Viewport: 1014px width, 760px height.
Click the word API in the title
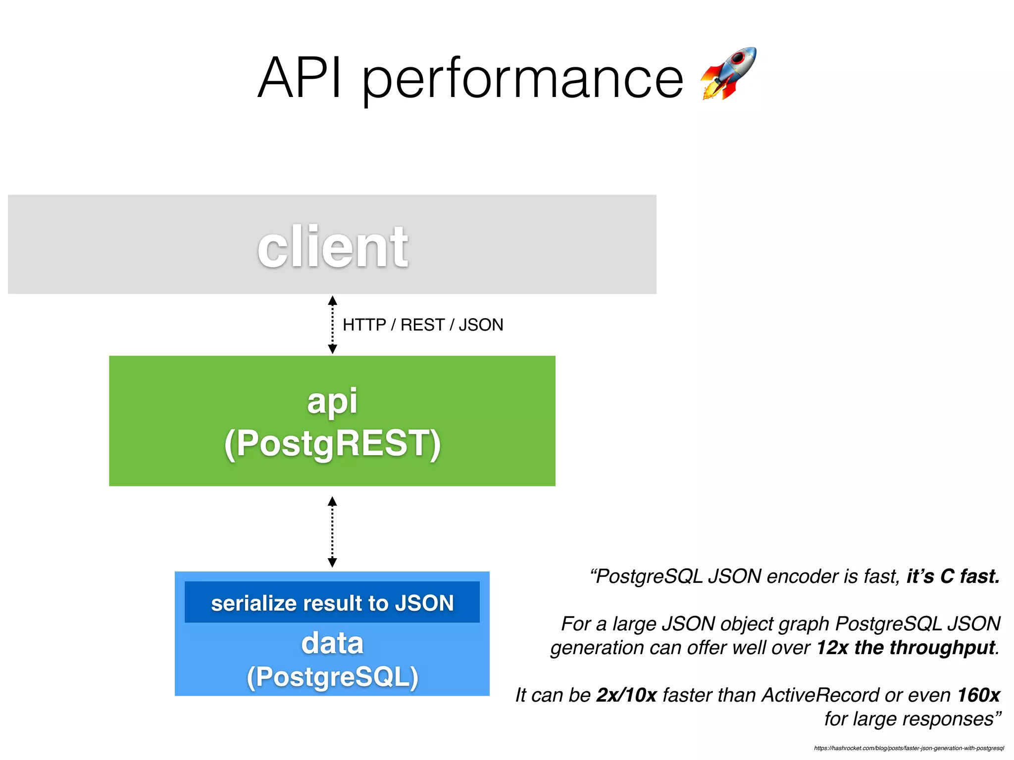point(300,78)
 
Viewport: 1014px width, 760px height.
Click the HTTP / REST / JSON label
point(423,325)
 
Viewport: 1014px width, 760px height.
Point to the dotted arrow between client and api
point(333,325)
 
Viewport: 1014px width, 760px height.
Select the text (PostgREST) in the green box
point(332,443)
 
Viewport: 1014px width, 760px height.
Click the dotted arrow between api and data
point(333,532)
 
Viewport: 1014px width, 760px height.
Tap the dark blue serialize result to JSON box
point(332,603)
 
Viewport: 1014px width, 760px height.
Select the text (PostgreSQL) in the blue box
point(332,677)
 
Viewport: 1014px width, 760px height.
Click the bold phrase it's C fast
point(953,576)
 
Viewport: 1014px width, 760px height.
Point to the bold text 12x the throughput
point(906,648)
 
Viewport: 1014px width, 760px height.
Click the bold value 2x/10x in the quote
point(626,695)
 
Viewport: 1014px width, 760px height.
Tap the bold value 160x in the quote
point(978,695)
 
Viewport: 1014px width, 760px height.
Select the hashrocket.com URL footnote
point(909,748)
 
